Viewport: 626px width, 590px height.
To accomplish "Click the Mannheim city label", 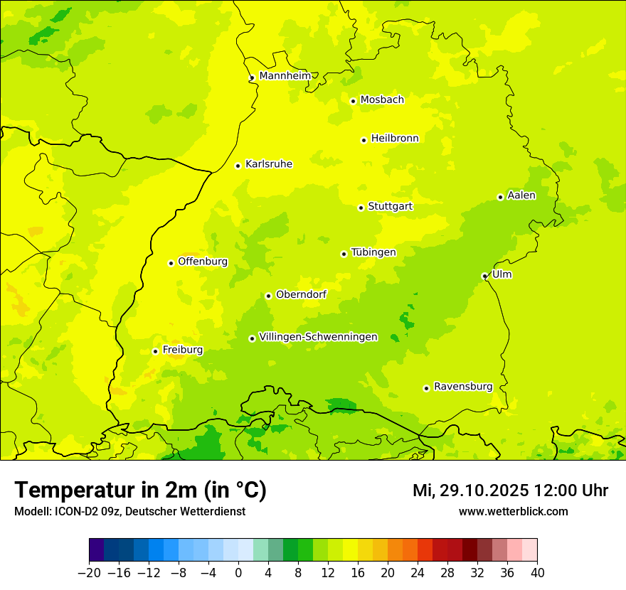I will tap(285, 75).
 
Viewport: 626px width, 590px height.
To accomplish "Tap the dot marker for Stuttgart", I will tap(361, 208).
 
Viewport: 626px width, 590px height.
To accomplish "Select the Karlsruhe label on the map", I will tap(268, 164).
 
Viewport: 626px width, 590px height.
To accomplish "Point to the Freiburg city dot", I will tap(155, 351).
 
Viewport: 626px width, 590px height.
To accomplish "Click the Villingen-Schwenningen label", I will tap(318, 337).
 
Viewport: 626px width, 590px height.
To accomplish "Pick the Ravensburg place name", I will tap(462, 387).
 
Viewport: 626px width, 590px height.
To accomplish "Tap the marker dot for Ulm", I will tap(484, 276).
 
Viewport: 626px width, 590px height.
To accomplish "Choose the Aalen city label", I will tap(521, 195).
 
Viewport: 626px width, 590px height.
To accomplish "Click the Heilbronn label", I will tap(395, 139).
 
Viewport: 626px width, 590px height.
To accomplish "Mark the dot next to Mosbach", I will tap(353, 101).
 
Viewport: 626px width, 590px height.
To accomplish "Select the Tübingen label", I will tap(373, 252).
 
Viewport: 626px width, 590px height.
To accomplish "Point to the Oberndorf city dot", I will tap(268, 296).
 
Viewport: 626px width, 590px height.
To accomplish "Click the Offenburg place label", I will tap(203, 262).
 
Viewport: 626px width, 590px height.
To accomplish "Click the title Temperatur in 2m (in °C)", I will tap(140, 490).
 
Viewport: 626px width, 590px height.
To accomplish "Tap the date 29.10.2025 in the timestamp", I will tap(484, 490).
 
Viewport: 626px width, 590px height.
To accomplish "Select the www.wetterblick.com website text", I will tap(513, 511).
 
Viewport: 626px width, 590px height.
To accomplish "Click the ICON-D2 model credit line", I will tap(129, 511).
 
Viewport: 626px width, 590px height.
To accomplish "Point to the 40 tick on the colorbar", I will tap(537, 572).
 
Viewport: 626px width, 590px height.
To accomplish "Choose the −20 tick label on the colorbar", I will tap(90, 572).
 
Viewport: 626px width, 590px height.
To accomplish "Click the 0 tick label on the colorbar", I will tap(238, 572).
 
